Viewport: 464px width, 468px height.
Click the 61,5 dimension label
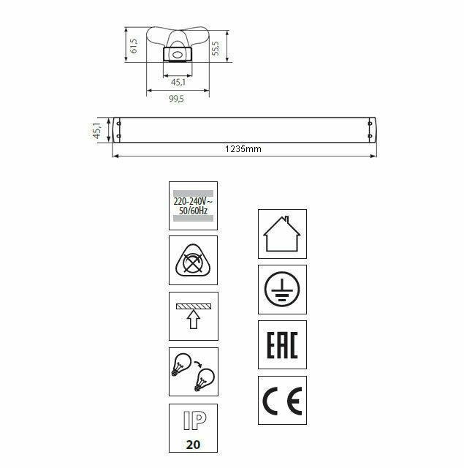134,45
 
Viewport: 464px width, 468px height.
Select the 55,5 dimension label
216,48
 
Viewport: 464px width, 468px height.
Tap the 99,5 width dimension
177,99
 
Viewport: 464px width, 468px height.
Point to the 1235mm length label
243,149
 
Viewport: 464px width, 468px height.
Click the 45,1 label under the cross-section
178,82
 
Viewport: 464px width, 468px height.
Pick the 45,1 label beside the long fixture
97,130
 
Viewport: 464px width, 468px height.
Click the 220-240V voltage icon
193,205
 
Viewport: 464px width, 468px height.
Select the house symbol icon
282,234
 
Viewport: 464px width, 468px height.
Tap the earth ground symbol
282,290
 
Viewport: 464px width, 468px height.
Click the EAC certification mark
282,344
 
